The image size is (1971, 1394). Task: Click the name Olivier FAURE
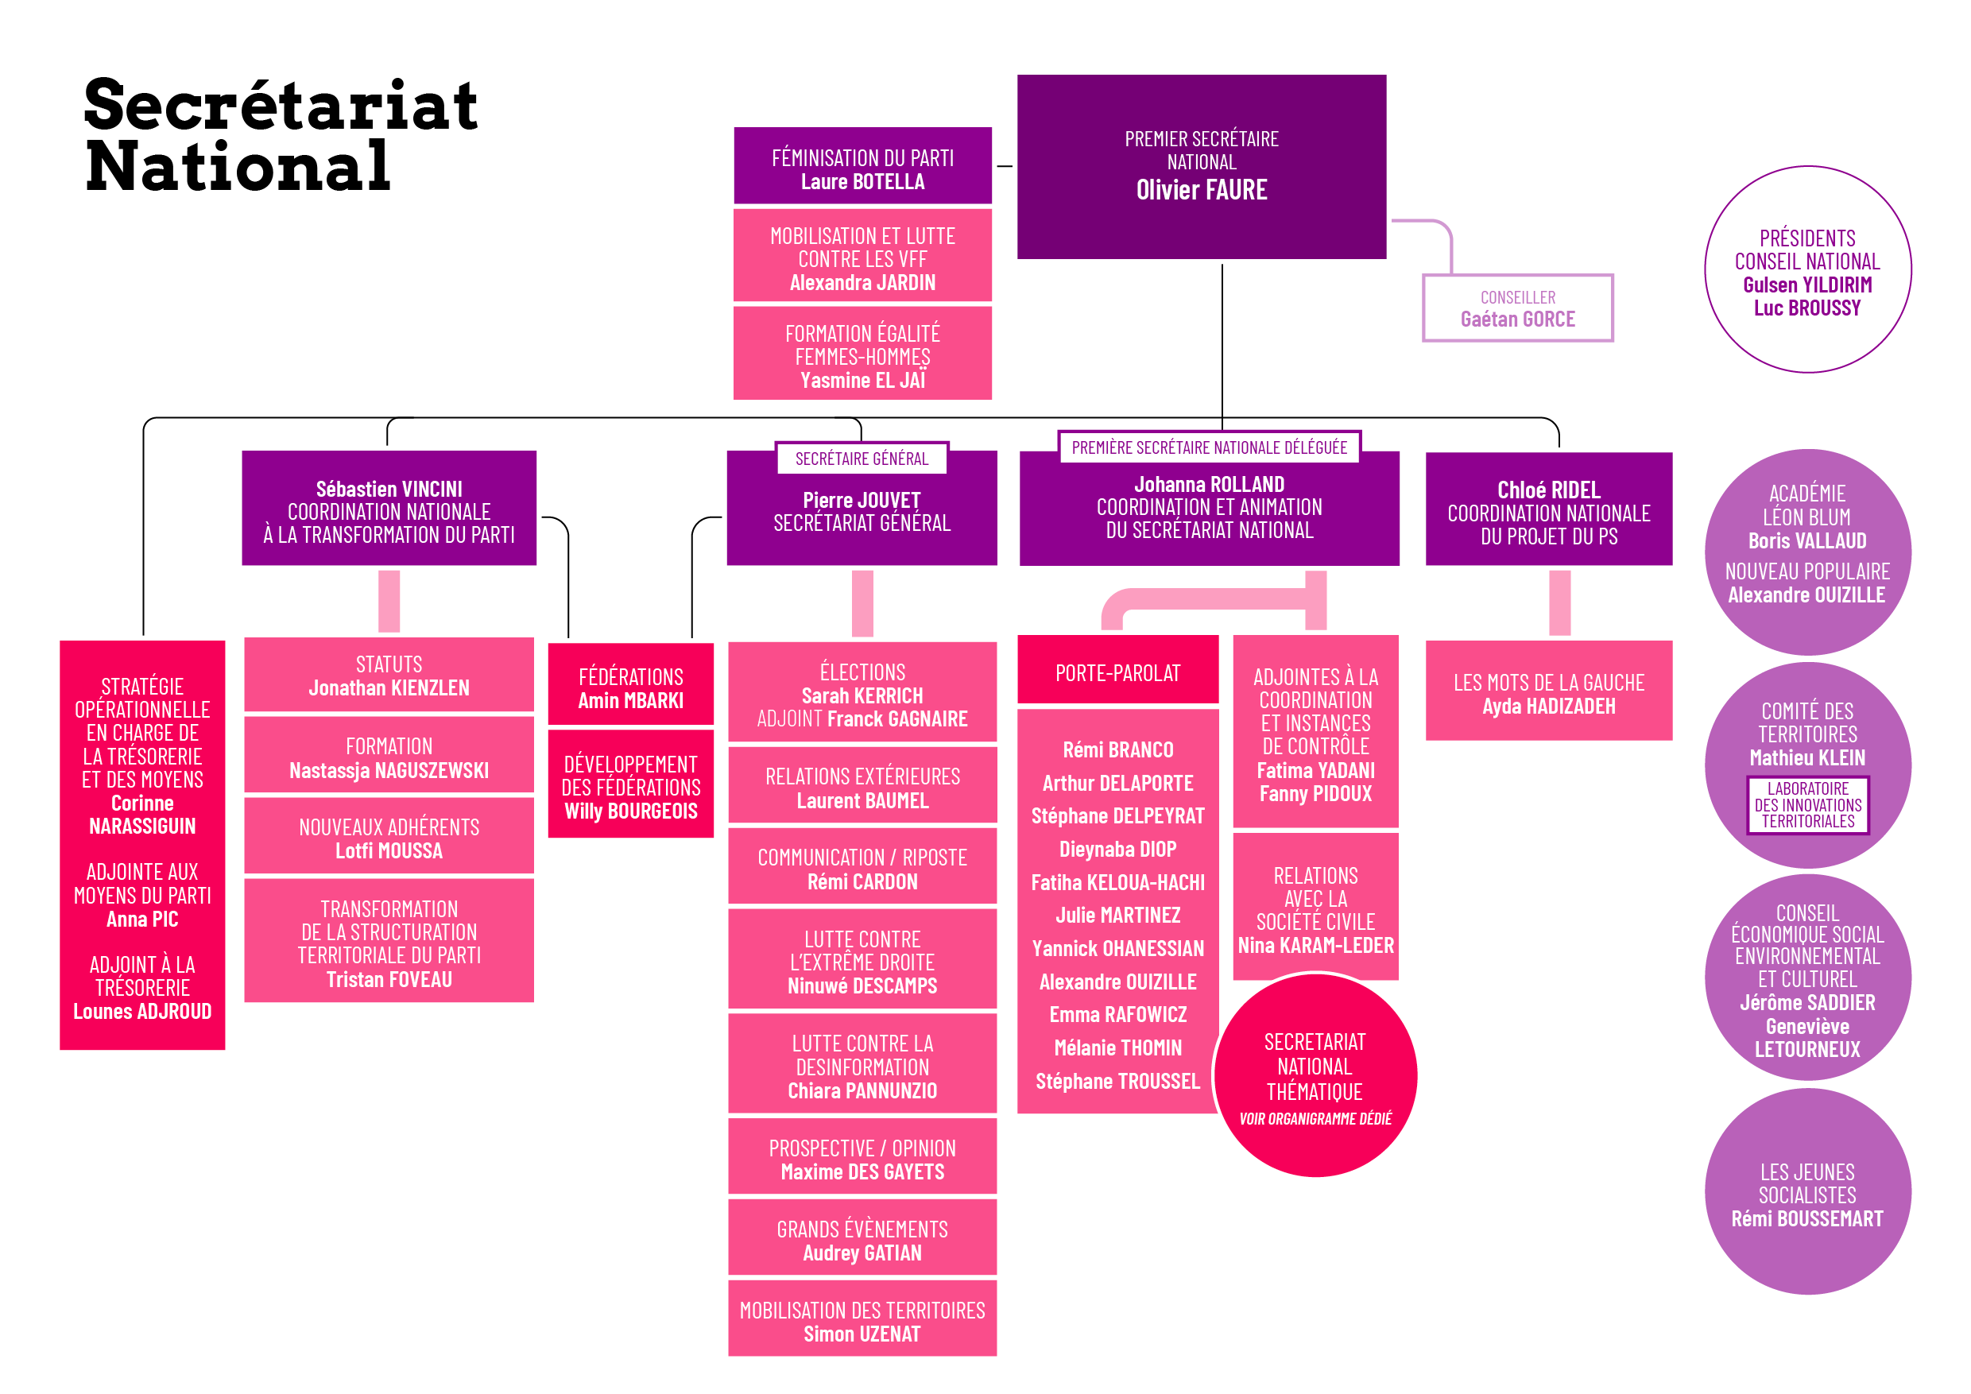(1201, 190)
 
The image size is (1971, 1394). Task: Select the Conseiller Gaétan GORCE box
(1517, 308)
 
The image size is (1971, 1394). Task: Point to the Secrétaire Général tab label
(861, 459)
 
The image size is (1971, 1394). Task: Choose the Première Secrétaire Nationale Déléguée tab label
(1209, 447)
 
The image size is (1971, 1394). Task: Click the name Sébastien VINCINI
(389, 489)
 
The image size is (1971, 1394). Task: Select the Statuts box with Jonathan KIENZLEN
(389, 676)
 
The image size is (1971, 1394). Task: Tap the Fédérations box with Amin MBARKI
(631, 687)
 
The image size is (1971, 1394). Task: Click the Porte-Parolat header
(1117, 673)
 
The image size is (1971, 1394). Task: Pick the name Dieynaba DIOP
(1117, 849)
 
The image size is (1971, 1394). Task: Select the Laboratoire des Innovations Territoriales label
(1807, 804)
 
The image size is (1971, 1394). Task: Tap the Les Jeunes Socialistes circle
(1807, 1193)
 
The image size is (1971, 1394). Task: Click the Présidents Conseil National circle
(1807, 270)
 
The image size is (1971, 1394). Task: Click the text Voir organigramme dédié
(1315, 1118)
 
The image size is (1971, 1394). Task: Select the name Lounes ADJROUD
(142, 1011)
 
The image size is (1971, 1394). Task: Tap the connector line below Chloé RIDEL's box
(1559, 602)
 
